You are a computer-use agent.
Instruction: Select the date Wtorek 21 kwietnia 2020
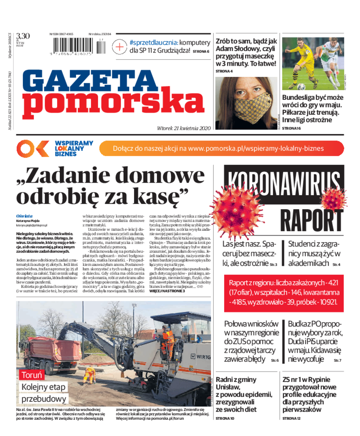pos(184,128)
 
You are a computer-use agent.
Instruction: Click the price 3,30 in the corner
pos(22,36)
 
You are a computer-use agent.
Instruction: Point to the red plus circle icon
pos(120,46)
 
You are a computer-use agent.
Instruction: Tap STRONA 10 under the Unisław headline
pos(225,418)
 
